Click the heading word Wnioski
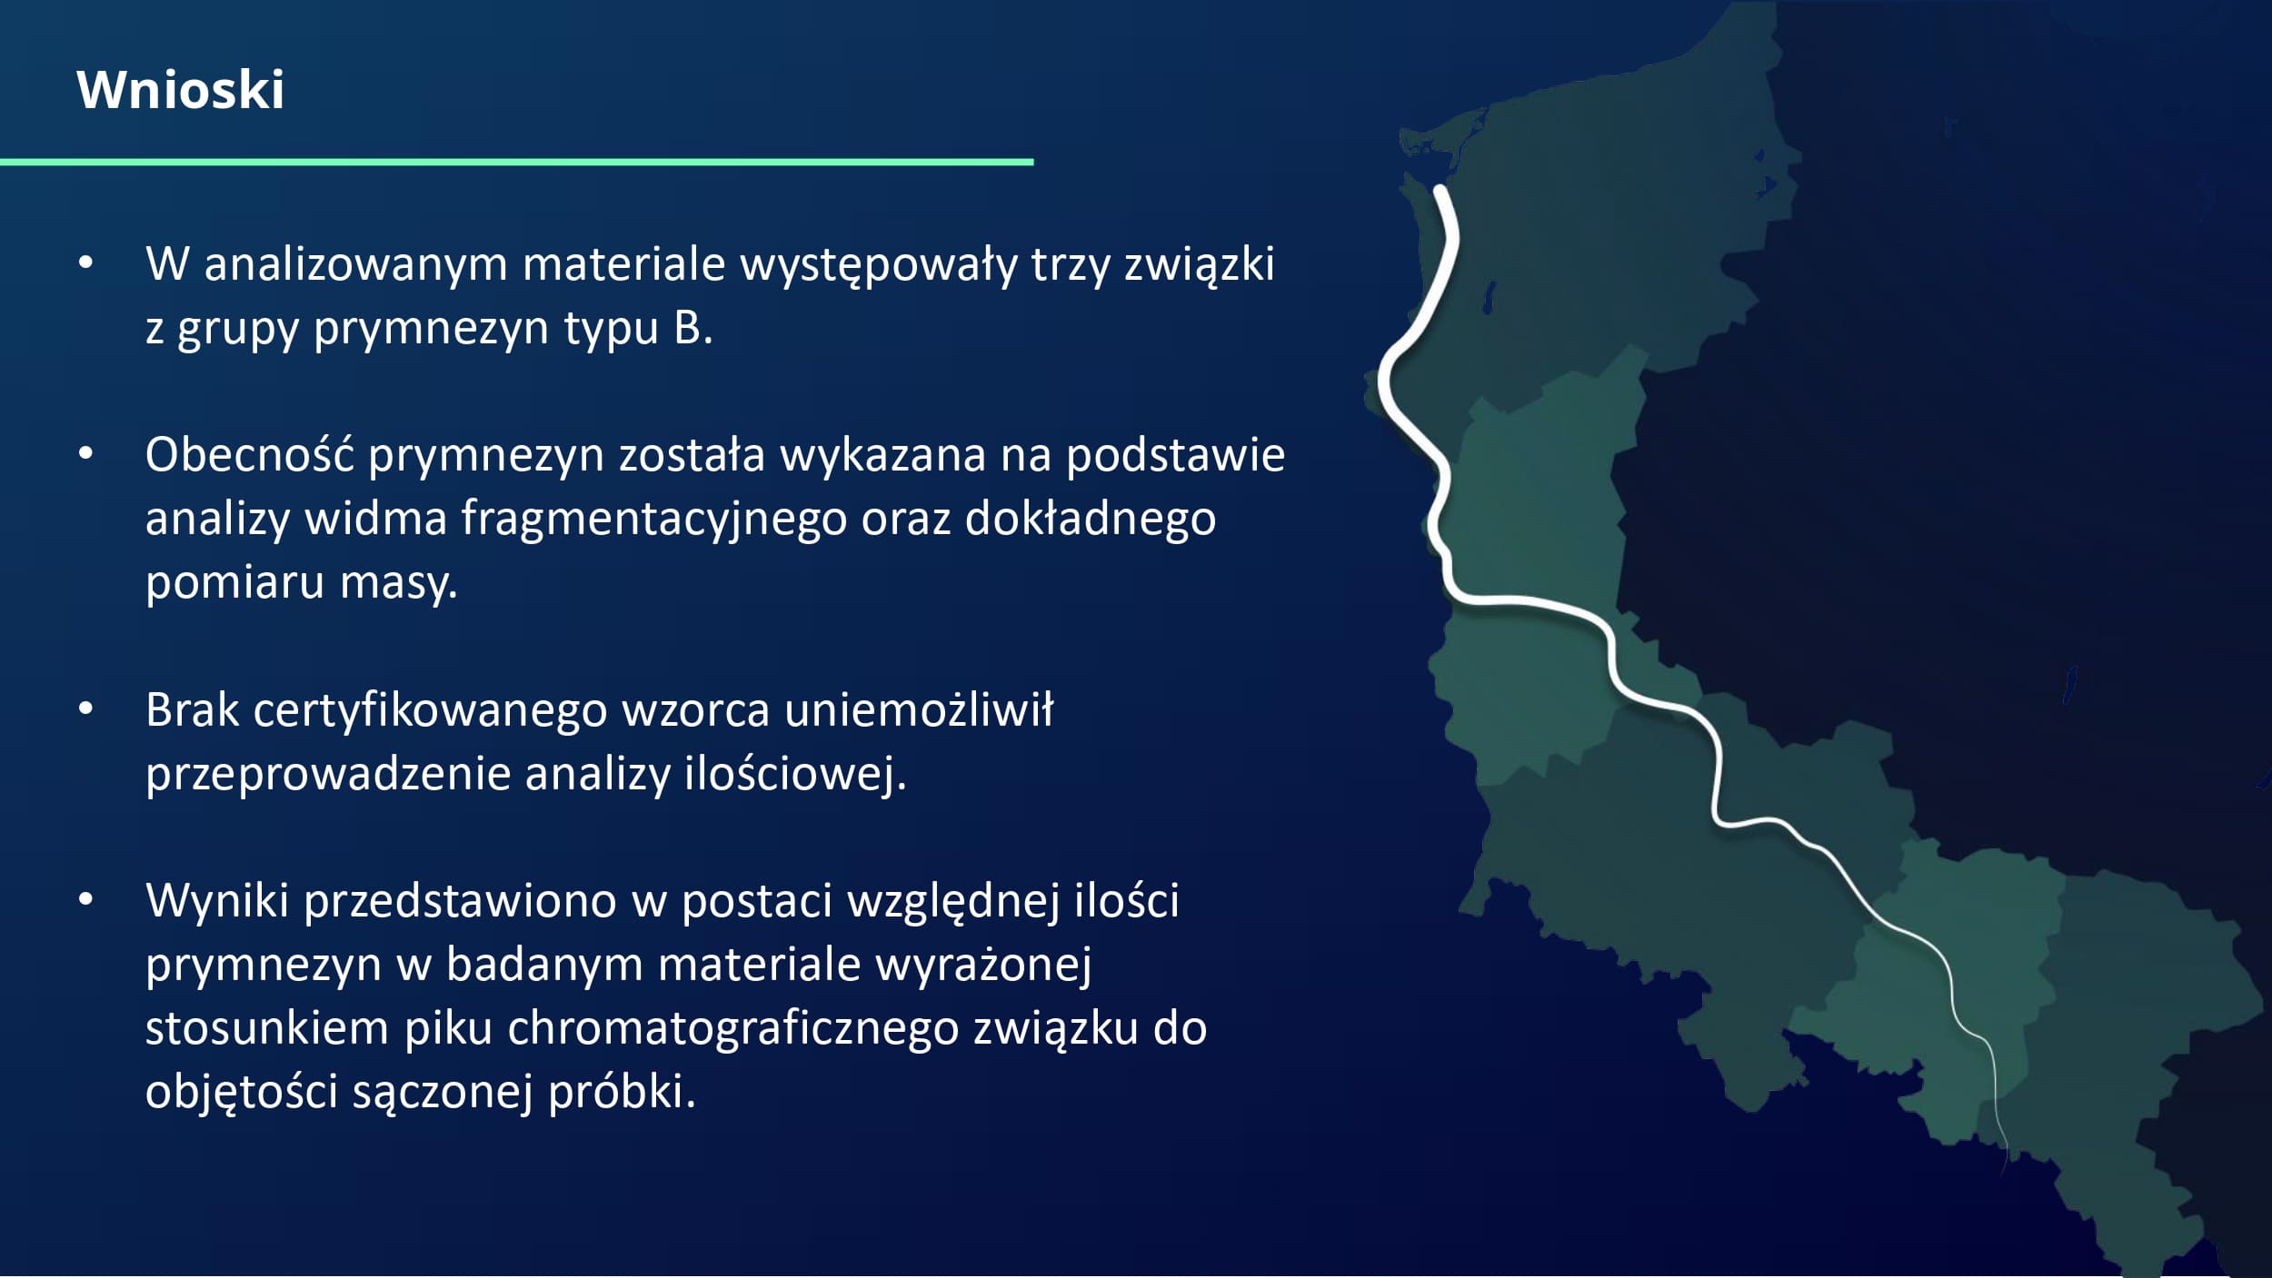coord(180,90)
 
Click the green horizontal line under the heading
coord(516,162)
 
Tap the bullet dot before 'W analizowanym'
coord(85,263)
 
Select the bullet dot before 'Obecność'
coord(85,453)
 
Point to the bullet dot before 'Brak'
coord(85,708)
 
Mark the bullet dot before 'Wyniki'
coord(85,899)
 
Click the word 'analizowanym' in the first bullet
coord(355,265)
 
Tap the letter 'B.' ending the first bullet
coord(693,328)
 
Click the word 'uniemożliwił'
coord(919,709)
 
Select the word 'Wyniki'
coord(217,900)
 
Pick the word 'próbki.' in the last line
coord(622,1092)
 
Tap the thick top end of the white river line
coord(1440,193)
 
